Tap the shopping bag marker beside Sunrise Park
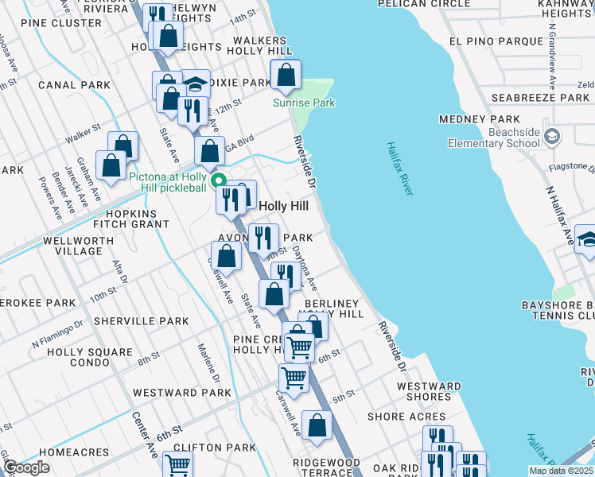286,76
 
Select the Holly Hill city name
290,204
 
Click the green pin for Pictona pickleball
219,180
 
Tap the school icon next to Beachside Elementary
551,138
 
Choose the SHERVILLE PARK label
141,321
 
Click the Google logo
26,467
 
